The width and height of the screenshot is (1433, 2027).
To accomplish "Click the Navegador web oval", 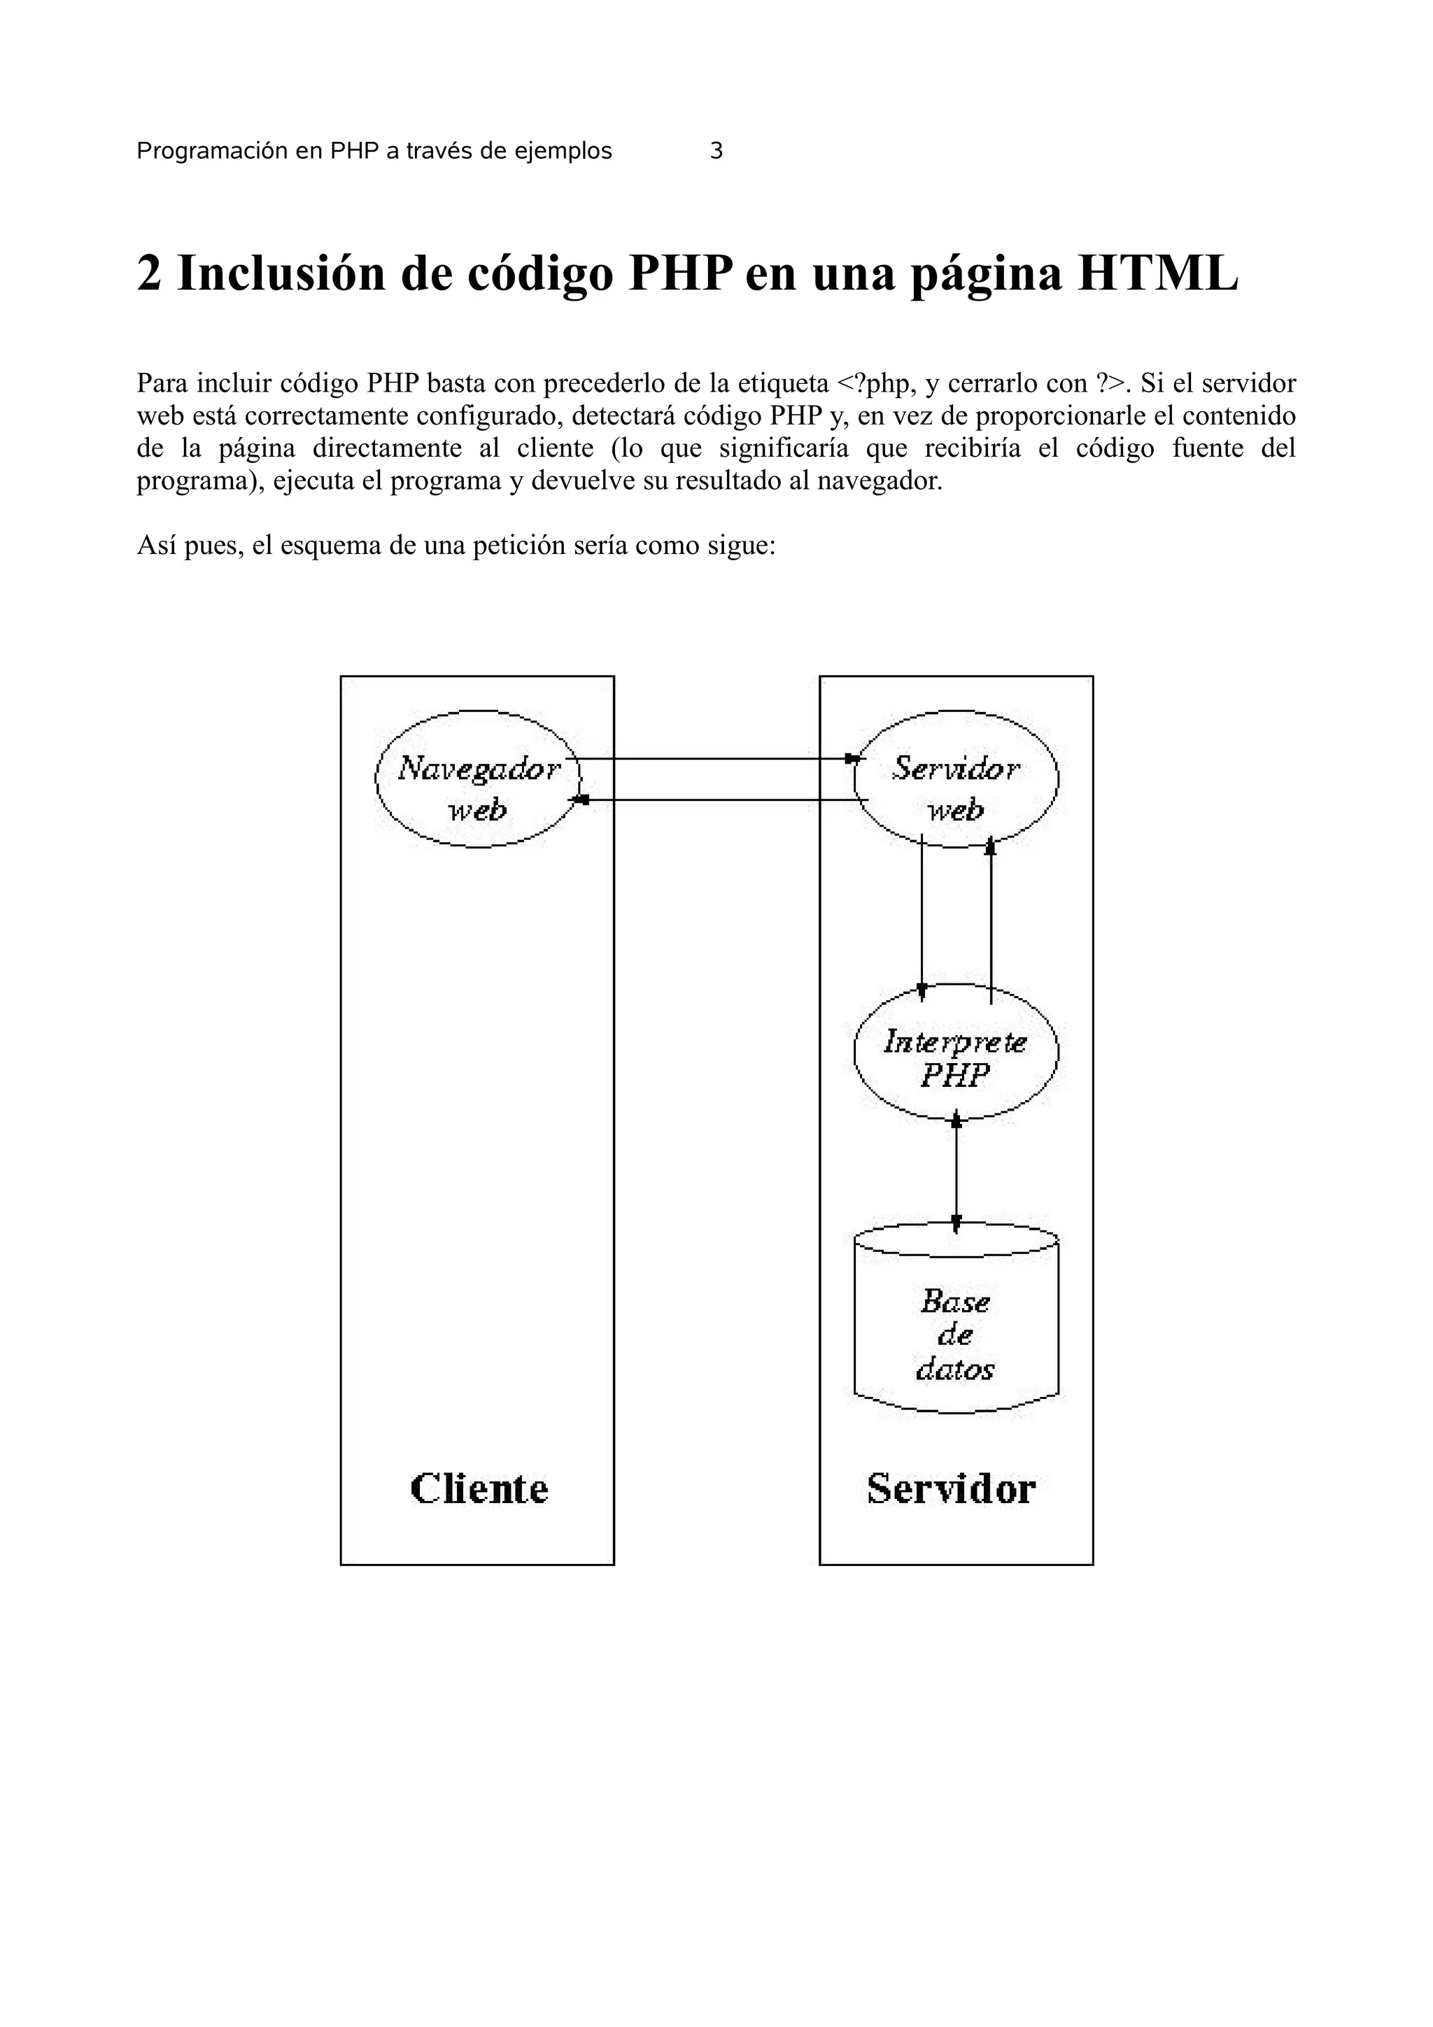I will click(478, 778).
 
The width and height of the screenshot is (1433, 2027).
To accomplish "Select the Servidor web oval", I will click(956, 778).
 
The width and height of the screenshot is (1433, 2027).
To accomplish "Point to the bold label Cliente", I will click(479, 1489).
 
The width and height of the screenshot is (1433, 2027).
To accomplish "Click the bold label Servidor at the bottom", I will click(950, 1489).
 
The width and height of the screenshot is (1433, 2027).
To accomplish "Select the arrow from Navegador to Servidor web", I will click(715, 758).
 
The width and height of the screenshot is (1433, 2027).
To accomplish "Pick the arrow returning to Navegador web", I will click(715, 800).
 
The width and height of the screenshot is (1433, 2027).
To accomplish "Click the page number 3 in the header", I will click(716, 151).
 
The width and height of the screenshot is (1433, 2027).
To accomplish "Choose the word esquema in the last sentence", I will click(331, 546).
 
